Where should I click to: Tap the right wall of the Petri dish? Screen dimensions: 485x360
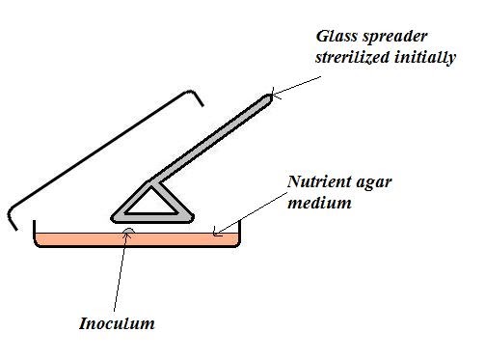coord(236,232)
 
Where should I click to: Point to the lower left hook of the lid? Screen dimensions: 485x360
coord(13,217)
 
